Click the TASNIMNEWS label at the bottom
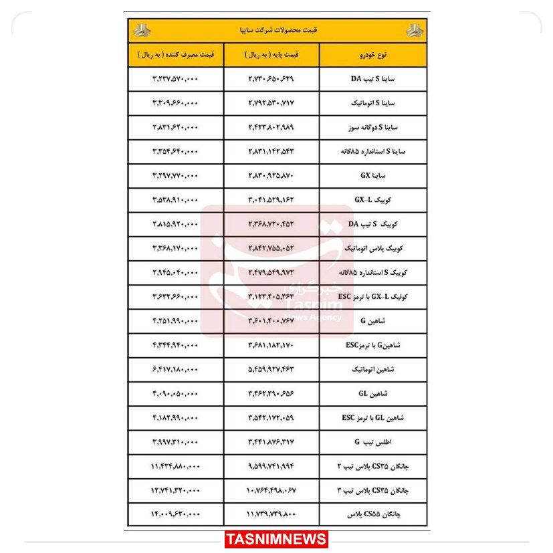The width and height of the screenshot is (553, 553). pos(276,539)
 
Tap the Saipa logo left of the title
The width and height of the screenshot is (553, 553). pos(141,31)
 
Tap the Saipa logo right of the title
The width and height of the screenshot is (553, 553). pos(414,31)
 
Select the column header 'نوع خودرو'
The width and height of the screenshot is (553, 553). pos(372,54)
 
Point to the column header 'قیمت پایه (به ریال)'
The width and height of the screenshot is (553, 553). pos(270,54)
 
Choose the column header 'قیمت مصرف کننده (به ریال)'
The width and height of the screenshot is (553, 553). pos(175,54)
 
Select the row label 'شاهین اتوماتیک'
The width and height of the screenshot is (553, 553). pos(372,369)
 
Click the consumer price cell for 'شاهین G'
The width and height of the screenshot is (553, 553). pos(175,321)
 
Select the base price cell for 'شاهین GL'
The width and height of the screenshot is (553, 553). pos(270,393)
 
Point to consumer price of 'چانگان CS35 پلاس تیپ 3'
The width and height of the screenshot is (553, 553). pos(175,490)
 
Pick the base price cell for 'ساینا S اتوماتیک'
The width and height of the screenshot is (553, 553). pos(270,103)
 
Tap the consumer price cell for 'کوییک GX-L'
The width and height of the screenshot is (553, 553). pos(175,199)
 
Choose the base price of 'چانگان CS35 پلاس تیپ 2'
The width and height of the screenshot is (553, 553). pos(270,466)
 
